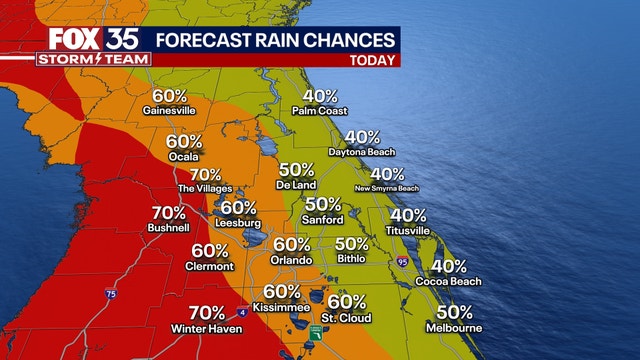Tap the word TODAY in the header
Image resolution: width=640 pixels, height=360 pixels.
pos(371,59)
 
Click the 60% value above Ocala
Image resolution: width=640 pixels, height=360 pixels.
pos(185,142)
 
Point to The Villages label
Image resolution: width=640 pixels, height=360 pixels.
pos(205,188)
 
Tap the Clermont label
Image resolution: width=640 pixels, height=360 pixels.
pos(209,266)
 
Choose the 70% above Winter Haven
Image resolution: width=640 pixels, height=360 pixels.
pos(206,313)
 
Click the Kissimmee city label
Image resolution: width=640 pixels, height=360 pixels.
pos(282,307)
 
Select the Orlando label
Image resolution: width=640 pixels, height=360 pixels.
pos(291,259)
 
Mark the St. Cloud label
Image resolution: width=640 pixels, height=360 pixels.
pos(346,318)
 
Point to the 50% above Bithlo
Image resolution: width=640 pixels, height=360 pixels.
pos(352,243)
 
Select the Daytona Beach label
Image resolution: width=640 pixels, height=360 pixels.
pos(361,152)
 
